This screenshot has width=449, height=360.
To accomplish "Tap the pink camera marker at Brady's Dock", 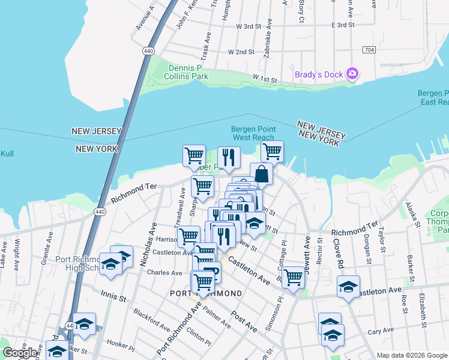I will tap(352, 74).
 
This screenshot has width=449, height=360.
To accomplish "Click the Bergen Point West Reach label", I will tap(253, 133).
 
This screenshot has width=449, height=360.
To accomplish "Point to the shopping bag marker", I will tap(262, 174).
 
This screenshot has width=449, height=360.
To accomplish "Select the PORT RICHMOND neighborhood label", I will tap(206, 293).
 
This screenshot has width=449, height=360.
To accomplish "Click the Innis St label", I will tap(113, 298).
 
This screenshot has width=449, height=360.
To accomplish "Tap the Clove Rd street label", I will tap(337, 254).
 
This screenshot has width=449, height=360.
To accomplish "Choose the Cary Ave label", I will tap(379, 331).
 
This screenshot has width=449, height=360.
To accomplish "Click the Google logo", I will tap(20, 352).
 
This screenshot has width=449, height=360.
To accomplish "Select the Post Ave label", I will tap(244, 321).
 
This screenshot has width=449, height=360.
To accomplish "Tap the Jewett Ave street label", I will tap(307, 253).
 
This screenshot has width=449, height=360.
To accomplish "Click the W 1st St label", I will tap(264, 79).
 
